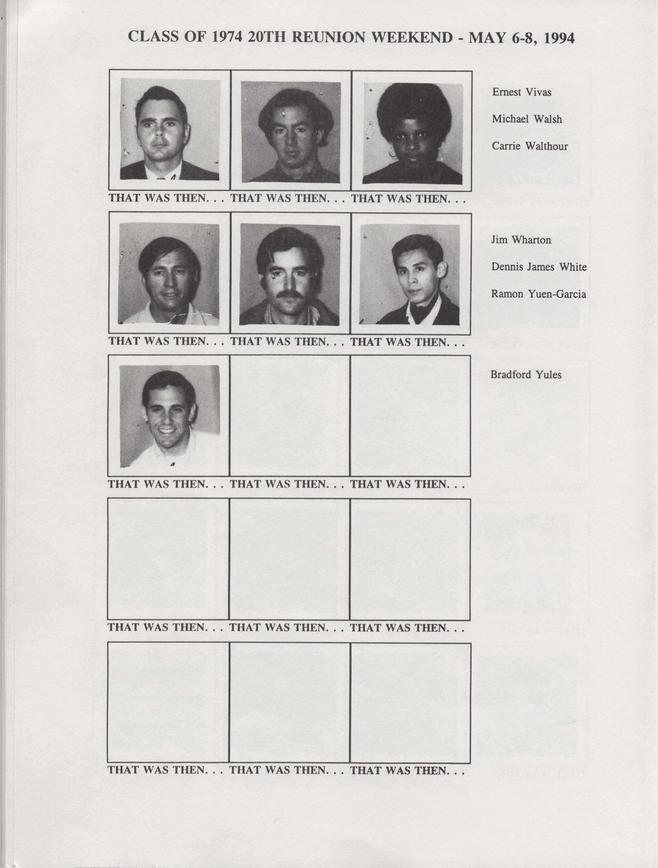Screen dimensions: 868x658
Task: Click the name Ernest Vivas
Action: pos(522,92)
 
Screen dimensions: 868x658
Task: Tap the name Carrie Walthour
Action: pos(530,146)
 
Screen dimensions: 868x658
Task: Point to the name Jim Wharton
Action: pos(521,240)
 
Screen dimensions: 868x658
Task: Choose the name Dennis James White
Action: pos(539,267)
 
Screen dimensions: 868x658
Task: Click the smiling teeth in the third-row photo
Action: pos(167,430)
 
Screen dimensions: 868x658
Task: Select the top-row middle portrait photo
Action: pos(290,132)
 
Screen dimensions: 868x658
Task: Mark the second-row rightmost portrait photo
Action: pos(410,274)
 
